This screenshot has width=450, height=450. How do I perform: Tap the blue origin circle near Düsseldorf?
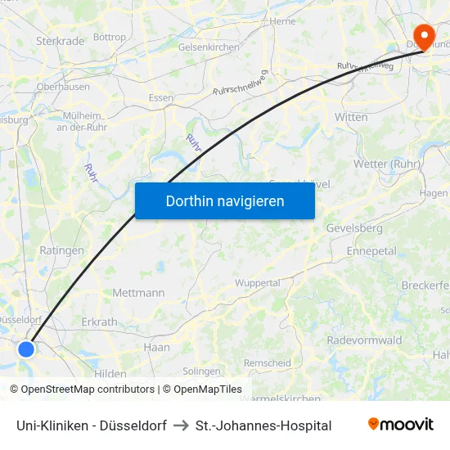(x=26, y=349)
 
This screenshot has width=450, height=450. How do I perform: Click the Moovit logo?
(x=400, y=425)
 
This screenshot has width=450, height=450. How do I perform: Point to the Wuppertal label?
(x=257, y=282)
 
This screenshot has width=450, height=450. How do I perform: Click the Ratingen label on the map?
(x=61, y=250)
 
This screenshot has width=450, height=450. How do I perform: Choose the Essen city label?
(x=160, y=97)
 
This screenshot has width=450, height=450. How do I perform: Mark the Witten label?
(x=351, y=117)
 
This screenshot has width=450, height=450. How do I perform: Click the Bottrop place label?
(x=110, y=37)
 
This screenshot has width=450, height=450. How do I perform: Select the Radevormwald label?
(x=364, y=340)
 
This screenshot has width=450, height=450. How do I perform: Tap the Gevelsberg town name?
(x=354, y=227)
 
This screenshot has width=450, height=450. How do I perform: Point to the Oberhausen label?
(x=63, y=86)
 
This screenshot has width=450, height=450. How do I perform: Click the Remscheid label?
(x=267, y=362)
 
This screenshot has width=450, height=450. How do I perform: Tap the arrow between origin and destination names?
(x=181, y=425)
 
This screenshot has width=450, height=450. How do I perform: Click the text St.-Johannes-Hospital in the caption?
(x=263, y=425)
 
